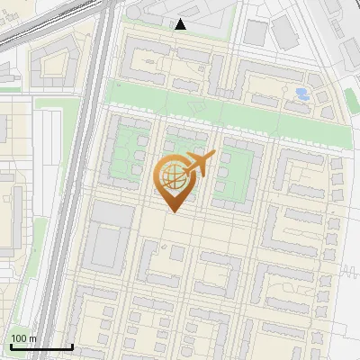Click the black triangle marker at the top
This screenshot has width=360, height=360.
tap(181, 24)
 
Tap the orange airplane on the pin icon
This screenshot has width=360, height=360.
tap(200, 165)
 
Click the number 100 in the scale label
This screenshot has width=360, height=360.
tap(20, 338)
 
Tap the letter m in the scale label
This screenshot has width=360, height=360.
tap(33, 338)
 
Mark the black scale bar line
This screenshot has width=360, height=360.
tap(41, 346)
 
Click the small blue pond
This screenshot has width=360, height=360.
tap(302, 93)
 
